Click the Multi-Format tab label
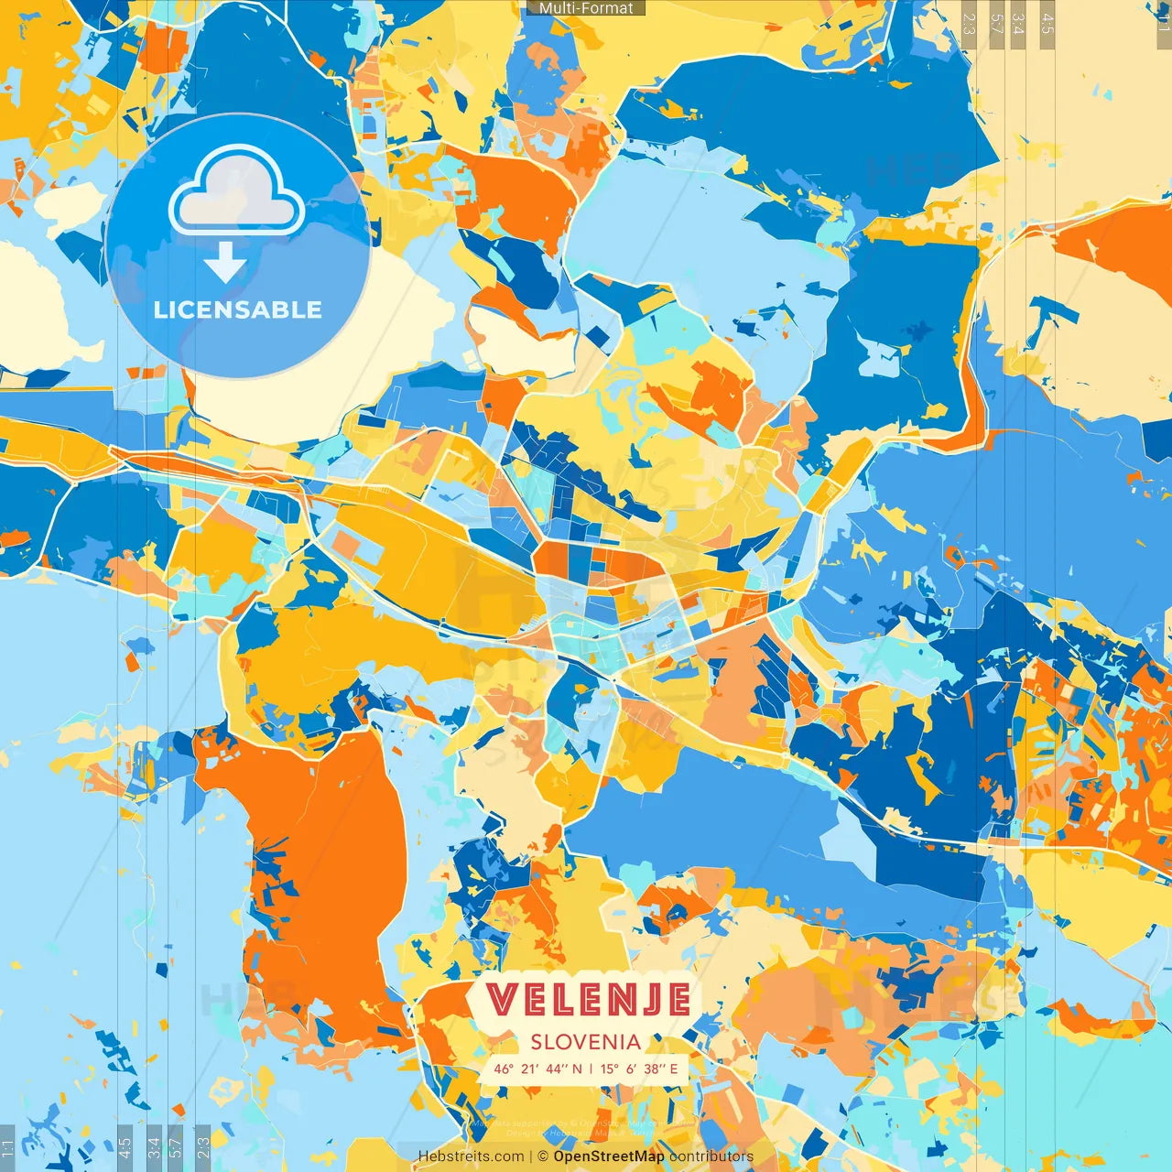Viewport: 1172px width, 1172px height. (x=586, y=8)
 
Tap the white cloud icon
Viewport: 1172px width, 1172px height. (x=236, y=192)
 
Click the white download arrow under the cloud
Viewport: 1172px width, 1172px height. (x=225, y=265)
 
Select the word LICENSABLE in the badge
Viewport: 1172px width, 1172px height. (x=237, y=309)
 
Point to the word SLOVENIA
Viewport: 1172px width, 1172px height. (x=586, y=1042)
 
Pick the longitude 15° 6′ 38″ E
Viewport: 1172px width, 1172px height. (x=640, y=1069)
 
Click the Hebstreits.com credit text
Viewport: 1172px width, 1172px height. (x=471, y=1156)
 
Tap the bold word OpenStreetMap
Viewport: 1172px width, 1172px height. (x=609, y=1156)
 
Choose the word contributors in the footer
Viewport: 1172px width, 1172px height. (x=711, y=1156)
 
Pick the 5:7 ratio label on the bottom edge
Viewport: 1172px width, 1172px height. (x=175, y=1144)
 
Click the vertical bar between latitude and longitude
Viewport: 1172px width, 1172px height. (x=591, y=1069)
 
